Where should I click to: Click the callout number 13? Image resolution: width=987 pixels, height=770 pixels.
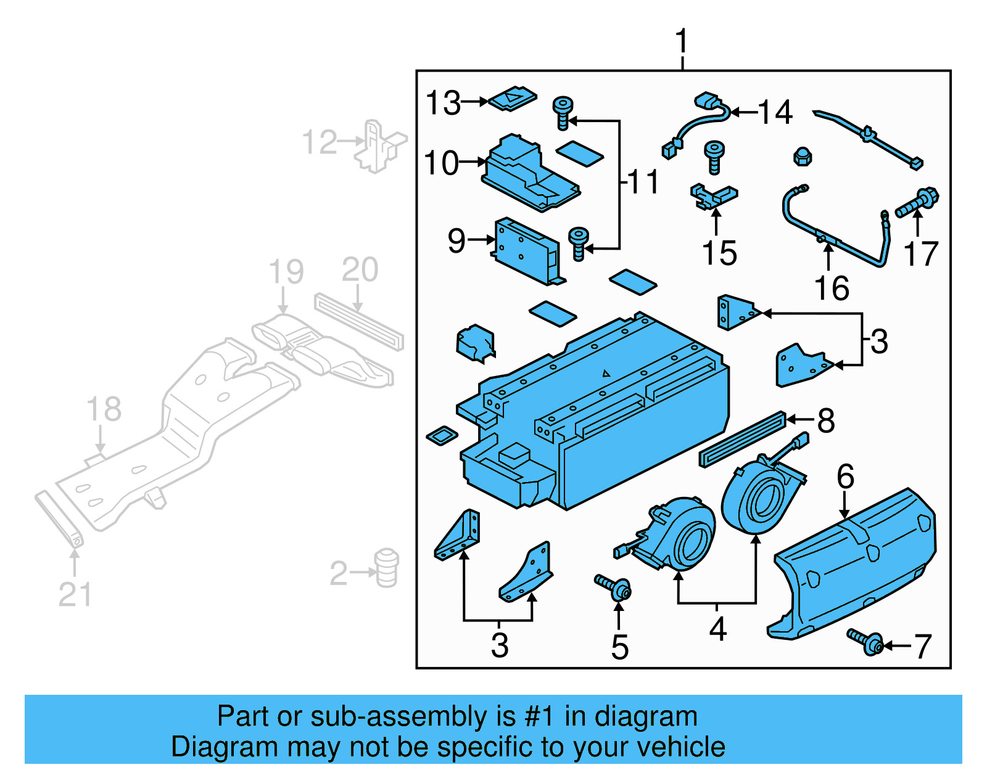443,103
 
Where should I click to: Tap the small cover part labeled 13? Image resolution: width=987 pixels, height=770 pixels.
513,99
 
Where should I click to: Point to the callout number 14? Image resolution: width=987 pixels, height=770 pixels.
775,113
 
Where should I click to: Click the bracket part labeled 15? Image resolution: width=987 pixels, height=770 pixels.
713,197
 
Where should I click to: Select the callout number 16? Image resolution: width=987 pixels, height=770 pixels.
832,288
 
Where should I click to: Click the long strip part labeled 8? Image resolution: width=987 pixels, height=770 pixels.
743,439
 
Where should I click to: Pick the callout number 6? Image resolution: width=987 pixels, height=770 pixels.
845,477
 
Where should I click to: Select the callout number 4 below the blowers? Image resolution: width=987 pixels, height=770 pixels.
717,629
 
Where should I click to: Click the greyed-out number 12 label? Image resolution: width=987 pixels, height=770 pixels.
320,142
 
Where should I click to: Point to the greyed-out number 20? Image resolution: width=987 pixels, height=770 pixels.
360,270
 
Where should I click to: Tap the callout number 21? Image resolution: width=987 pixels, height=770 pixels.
75,594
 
